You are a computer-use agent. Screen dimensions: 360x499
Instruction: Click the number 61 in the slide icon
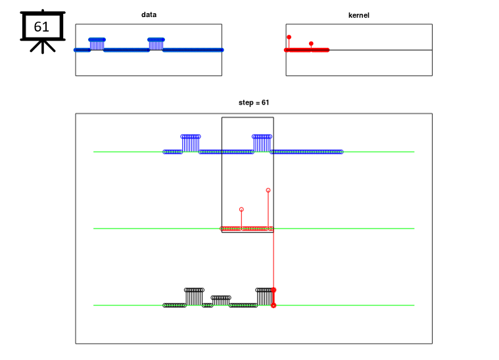pyautogui.click(x=41, y=27)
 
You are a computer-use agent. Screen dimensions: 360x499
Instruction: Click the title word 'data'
pyautogui.click(x=149, y=14)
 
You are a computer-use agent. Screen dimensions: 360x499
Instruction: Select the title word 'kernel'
pyautogui.click(x=358, y=14)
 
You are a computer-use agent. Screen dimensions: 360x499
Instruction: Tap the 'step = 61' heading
pyautogui.click(x=253, y=102)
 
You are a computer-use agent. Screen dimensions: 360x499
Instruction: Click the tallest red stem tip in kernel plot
pyautogui.click(x=289, y=37)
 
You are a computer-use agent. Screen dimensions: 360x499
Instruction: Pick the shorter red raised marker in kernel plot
pyautogui.click(x=311, y=44)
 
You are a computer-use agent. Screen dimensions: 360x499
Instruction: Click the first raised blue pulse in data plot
pyautogui.click(x=97, y=40)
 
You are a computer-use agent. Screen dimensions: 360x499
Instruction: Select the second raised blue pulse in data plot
pyautogui.click(x=156, y=40)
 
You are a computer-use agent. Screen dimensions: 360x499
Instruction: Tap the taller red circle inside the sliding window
pyautogui.click(x=268, y=191)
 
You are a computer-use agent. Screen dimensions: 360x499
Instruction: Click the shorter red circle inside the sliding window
pyautogui.click(x=241, y=210)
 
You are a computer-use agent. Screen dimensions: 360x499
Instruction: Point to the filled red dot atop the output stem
pyautogui.click(x=273, y=290)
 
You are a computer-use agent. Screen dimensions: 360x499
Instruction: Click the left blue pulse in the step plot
pyautogui.click(x=191, y=137)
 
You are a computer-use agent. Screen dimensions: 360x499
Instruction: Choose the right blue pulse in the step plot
pyautogui.click(x=262, y=137)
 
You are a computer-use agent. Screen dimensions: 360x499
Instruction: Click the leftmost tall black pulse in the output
pyautogui.click(x=194, y=290)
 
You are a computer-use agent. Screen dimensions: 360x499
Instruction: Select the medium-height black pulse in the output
pyautogui.click(x=221, y=298)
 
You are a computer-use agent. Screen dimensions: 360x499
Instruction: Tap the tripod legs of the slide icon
pyautogui.click(x=43, y=47)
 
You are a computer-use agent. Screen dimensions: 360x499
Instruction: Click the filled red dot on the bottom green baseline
pyautogui.click(x=273, y=305)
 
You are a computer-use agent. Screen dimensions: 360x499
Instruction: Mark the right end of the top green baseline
pyautogui.click(x=414, y=152)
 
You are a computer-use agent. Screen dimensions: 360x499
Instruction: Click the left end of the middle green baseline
pyautogui.click(x=94, y=229)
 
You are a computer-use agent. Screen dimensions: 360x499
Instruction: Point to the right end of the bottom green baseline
pyautogui.click(x=414, y=305)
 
